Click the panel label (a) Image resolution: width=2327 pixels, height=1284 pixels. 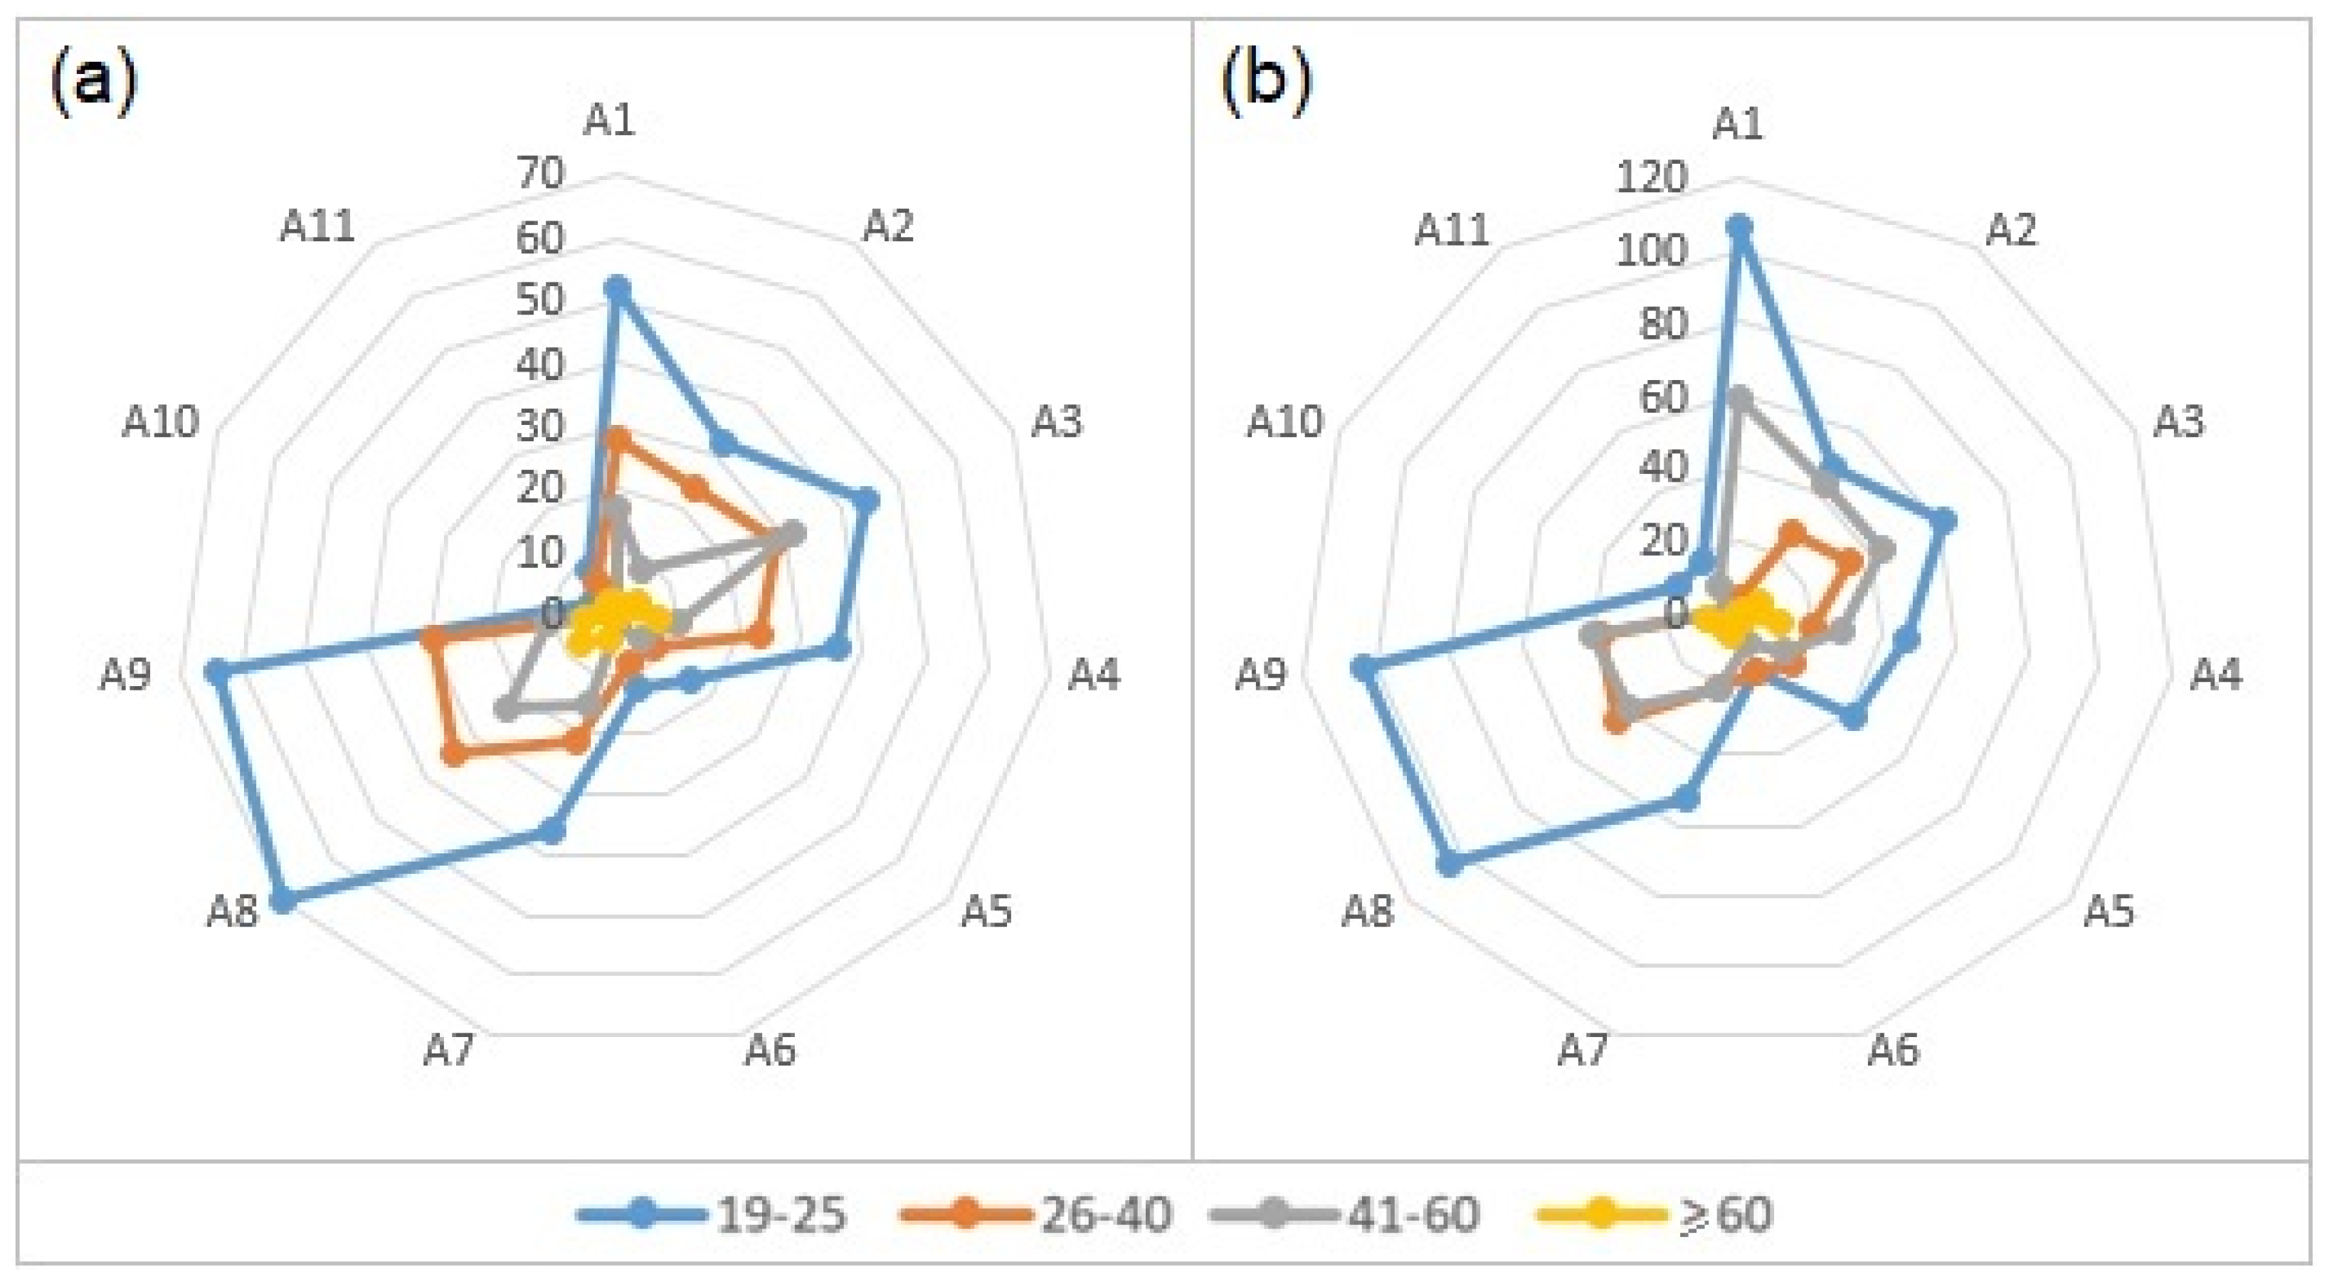point(94,83)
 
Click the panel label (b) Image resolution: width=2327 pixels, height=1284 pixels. point(1265,83)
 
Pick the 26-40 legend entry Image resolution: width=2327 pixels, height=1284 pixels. point(1037,1214)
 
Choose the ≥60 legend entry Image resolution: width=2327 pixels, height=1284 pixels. point(1655,1214)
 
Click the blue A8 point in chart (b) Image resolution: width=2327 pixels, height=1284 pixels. point(1449,864)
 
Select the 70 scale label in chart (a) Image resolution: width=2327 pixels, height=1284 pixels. point(540,172)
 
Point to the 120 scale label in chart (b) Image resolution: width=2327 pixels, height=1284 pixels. point(1651,177)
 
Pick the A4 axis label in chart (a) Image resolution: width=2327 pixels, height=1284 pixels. point(1094,674)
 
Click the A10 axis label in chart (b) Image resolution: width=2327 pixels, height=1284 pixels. point(1284,421)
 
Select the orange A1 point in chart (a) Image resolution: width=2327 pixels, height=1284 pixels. point(618,439)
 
